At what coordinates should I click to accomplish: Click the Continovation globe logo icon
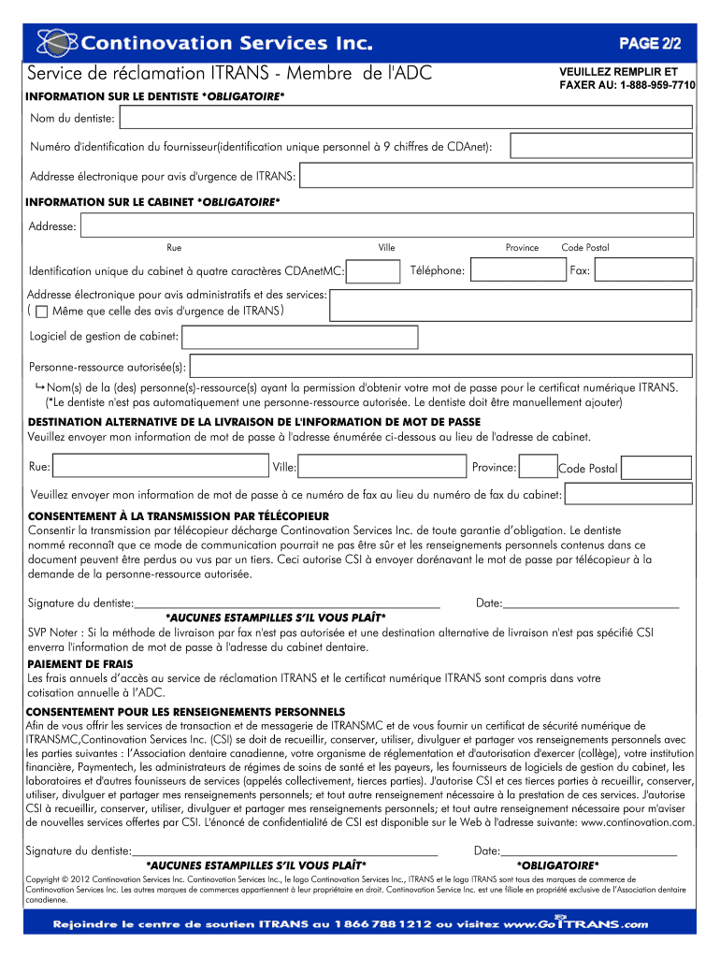point(55,43)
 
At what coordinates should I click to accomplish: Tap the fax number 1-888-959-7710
point(643,84)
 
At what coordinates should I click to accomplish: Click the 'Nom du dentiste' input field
point(407,118)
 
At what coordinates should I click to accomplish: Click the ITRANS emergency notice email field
point(497,176)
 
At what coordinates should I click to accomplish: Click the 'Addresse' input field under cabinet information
point(387,225)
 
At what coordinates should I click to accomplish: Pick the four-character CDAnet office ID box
point(374,271)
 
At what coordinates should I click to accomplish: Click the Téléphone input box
point(515,271)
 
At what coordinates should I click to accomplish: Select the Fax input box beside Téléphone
point(643,271)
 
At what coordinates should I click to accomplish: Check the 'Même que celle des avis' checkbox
point(42,312)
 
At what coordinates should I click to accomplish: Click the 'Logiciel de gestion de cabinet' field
point(437,336)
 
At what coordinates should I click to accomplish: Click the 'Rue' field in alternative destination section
point(160,467)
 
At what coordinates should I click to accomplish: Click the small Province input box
point(538,467)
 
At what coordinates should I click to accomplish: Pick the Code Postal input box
point(656,468)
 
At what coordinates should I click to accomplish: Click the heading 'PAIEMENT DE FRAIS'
point(79,664)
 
